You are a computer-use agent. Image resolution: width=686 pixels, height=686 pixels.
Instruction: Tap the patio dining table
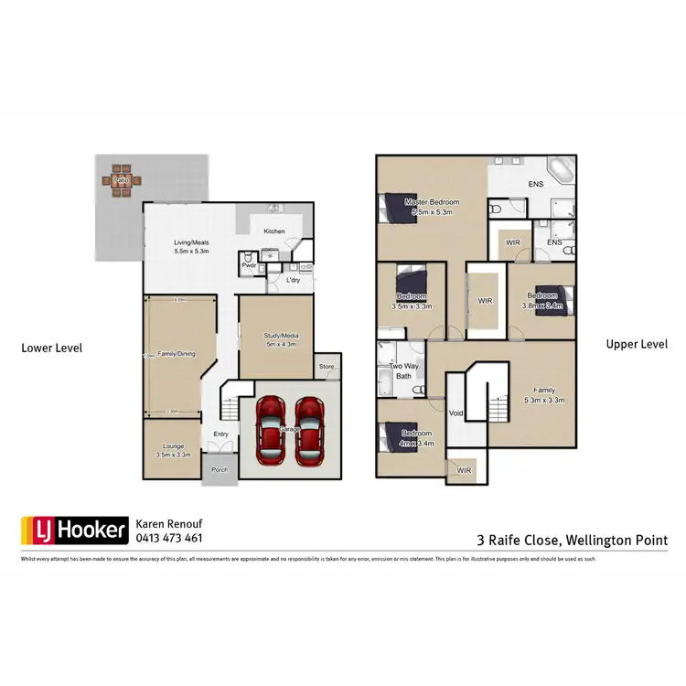click(x=120, y=181)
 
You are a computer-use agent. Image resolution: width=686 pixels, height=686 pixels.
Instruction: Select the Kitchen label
click(x=274, y=231)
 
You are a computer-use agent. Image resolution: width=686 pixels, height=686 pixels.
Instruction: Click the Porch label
click(x=220, y=470)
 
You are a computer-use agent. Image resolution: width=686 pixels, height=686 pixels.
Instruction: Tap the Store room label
click(x=327, y=368)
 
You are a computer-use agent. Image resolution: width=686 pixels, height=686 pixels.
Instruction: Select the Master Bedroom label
click(x=433, y=202)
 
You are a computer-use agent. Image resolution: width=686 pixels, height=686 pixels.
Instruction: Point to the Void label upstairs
click(x=457, y=413)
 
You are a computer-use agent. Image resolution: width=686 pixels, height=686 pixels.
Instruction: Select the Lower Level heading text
click(x=52, y=348)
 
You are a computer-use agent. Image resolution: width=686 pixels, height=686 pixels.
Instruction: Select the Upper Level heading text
click(x=637, y=345)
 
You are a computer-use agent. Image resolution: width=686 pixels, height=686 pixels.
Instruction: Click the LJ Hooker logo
click(x=73, y=530)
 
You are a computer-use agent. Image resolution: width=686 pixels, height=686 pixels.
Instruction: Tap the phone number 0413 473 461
click(x=168, y=539)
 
